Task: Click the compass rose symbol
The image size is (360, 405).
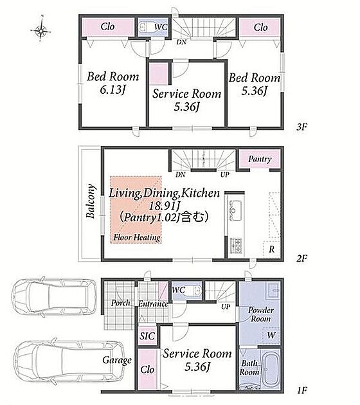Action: (x=40, y=31)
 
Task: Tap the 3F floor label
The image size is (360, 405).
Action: (x=301, y=127)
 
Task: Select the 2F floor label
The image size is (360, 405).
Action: (x=301, y=258)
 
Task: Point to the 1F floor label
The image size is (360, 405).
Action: (x=301, y=390)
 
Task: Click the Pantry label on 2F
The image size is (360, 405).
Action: (x=260, y=159)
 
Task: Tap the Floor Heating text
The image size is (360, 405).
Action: (x=137, y=237)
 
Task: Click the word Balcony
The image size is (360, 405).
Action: (x=91, y=201)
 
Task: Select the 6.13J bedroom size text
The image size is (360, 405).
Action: (x=113, y=89)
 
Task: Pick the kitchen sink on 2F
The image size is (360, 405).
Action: (x=235, y=211)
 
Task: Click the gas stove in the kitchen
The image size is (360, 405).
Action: (x=237, y=246)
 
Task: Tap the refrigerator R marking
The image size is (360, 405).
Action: (x=271, y=249)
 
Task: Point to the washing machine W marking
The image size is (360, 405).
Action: (x=271, y=336)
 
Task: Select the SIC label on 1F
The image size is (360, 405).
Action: (x=147, y=336)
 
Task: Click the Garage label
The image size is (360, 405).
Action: (x=117, y=360)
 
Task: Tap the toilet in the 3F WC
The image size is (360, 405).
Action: (x=146, y=27)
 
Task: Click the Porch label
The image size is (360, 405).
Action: (x=121, y=303)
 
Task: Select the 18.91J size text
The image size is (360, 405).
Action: (x=164, y=205)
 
